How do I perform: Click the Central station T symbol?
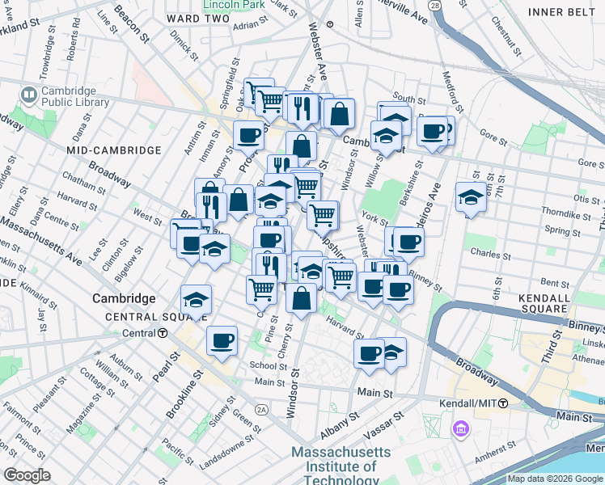point(163,333)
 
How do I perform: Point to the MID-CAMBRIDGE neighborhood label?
point(114,150)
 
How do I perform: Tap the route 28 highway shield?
point(435,6)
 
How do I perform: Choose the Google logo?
point(26,474)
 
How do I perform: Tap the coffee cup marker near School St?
point(221,340)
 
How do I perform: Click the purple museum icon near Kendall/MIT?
point(461,428)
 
